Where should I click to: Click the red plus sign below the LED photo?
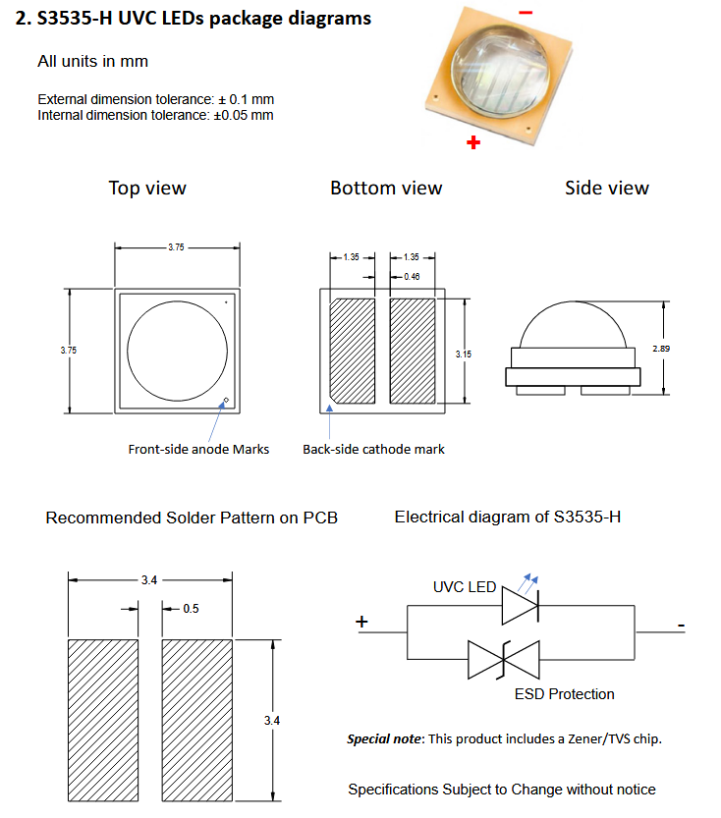pos(473,142)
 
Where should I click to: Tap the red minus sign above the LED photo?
pos(526,12)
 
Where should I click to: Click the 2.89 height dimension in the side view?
pos(661,349)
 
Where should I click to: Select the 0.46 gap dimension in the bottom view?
pos(412,277)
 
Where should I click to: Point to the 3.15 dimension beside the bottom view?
pos(464,354)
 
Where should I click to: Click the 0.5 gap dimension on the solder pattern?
pos(191,609)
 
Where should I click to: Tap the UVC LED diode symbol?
pos(521,606)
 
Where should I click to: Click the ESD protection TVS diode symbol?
pos(504,660)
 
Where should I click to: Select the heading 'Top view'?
pos(147,188)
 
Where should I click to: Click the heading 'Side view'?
pos(607,188)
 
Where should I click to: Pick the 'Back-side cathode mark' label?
pos(373,449)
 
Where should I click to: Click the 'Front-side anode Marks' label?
pos(198,449)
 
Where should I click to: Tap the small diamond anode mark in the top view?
pos(226,401)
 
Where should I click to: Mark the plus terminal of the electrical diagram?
pos(361,622)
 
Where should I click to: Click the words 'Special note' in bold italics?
pos(384,738)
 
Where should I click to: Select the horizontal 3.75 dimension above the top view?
pos(177,247)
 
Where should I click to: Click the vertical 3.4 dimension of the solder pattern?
pos(272,721)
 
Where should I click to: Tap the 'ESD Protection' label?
pos(565,694)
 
